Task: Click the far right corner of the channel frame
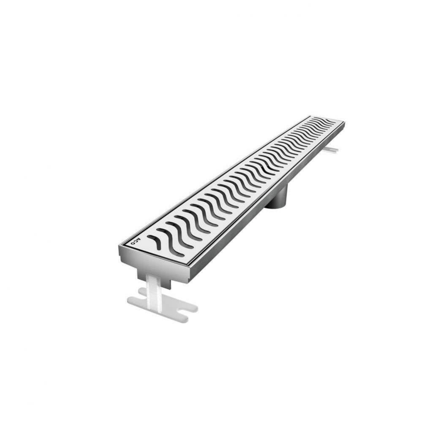tap(344, 123)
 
